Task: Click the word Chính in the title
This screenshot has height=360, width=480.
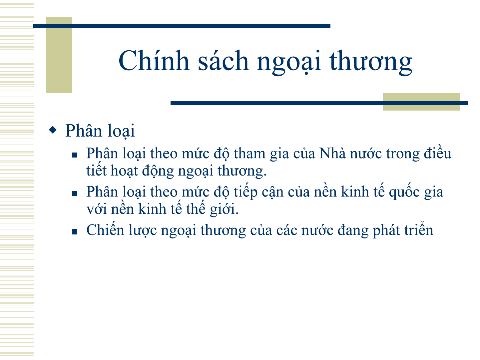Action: pyautogui.click(x=154, y=60)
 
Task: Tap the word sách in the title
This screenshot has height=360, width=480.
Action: pyautogui.click(x=223, y=60)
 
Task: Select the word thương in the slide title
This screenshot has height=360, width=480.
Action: pyautogui.click(x=371, y=63)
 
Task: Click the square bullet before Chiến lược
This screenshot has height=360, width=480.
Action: pyautogui.click(x=74, y=232)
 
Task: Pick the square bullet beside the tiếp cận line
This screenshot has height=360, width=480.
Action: pyautogui.click(x=74, y=193)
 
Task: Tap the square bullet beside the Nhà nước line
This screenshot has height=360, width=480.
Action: pyautogui.click(x=74, y=155)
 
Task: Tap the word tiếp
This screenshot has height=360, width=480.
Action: pyautogui.click(x=245, y=192)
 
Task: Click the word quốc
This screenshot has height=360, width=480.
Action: pyautogui.click(x=404, y=191)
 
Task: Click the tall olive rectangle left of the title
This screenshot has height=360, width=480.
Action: pyautogui.click(x=59, y=55)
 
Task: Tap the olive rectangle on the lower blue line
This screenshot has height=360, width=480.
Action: pyautogui.click(x=422, y=102)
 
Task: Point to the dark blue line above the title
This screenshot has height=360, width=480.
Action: pyautogui.click(x=182, y=26)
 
